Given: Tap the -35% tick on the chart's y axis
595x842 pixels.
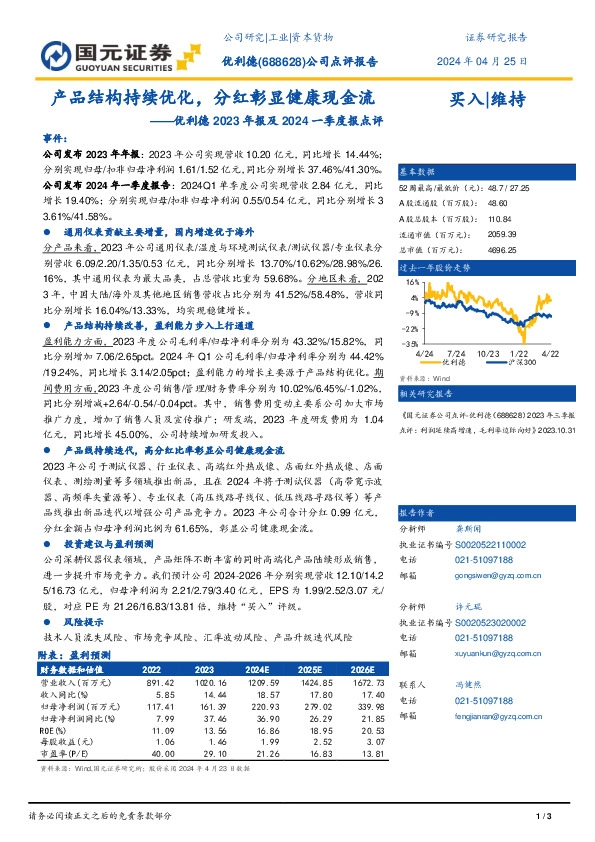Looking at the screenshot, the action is click(409, 342).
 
